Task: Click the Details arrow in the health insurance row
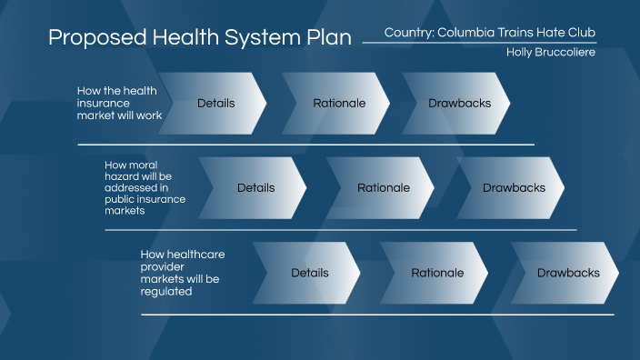[215, 104]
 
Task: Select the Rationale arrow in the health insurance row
[339, 104]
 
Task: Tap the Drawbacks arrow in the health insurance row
[459, 104]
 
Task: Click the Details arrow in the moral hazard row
[255, 188]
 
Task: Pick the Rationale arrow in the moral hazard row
[383, 188]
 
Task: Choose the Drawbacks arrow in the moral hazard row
[514, 188]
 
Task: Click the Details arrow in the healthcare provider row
[309, 273]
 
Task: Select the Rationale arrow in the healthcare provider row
[437, 273]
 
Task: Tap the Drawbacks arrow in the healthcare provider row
[568, 273]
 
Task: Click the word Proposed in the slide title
[92, 39]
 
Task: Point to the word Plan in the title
[327, 39]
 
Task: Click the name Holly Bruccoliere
[551, 53]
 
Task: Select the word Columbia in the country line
[471, 32]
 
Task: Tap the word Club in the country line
[582, 32]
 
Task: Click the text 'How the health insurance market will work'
[116, 103]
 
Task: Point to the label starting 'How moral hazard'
[145, 187]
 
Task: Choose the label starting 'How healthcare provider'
[183, 273]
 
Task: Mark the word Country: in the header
[408, 32]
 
